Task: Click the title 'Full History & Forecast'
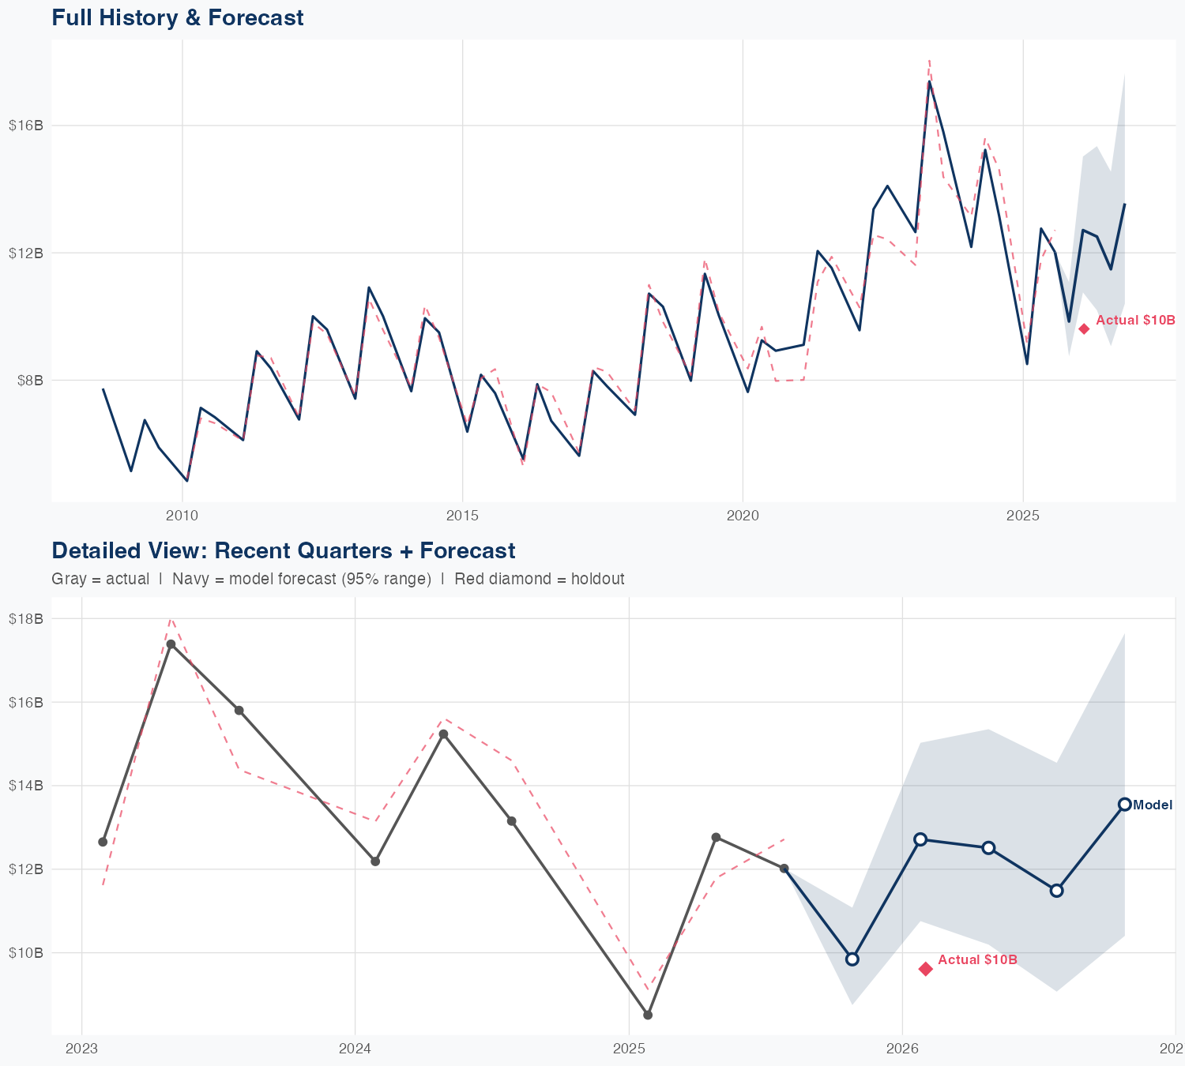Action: [x=177, y=17]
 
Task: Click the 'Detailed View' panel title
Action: [x=283, y=550]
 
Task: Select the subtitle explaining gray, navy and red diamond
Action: [x=337, y=579]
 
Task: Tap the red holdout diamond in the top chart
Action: [x=1084, y=328]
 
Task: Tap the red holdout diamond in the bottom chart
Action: [x=926, y=969]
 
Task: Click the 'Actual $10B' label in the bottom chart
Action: [x=977, y=959]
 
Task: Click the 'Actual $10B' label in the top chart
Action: [x=1135, y=321]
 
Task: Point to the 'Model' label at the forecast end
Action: [x=1153, y=805]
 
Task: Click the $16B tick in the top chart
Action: [x=26, y=126]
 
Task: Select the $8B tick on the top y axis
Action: [x=29, y=381]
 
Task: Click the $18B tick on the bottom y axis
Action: [x=26, y=618]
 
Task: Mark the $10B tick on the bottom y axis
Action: [x=26, y=952]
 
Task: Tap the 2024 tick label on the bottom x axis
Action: [x=355, y=1049]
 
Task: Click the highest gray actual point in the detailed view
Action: [x=171, y=644]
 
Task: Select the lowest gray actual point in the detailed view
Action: [x=648, y=1015]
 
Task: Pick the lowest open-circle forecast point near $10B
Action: [x=852, y=959]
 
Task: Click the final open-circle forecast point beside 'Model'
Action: [x=1124, y=805]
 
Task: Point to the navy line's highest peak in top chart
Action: [x=929, y=81]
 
